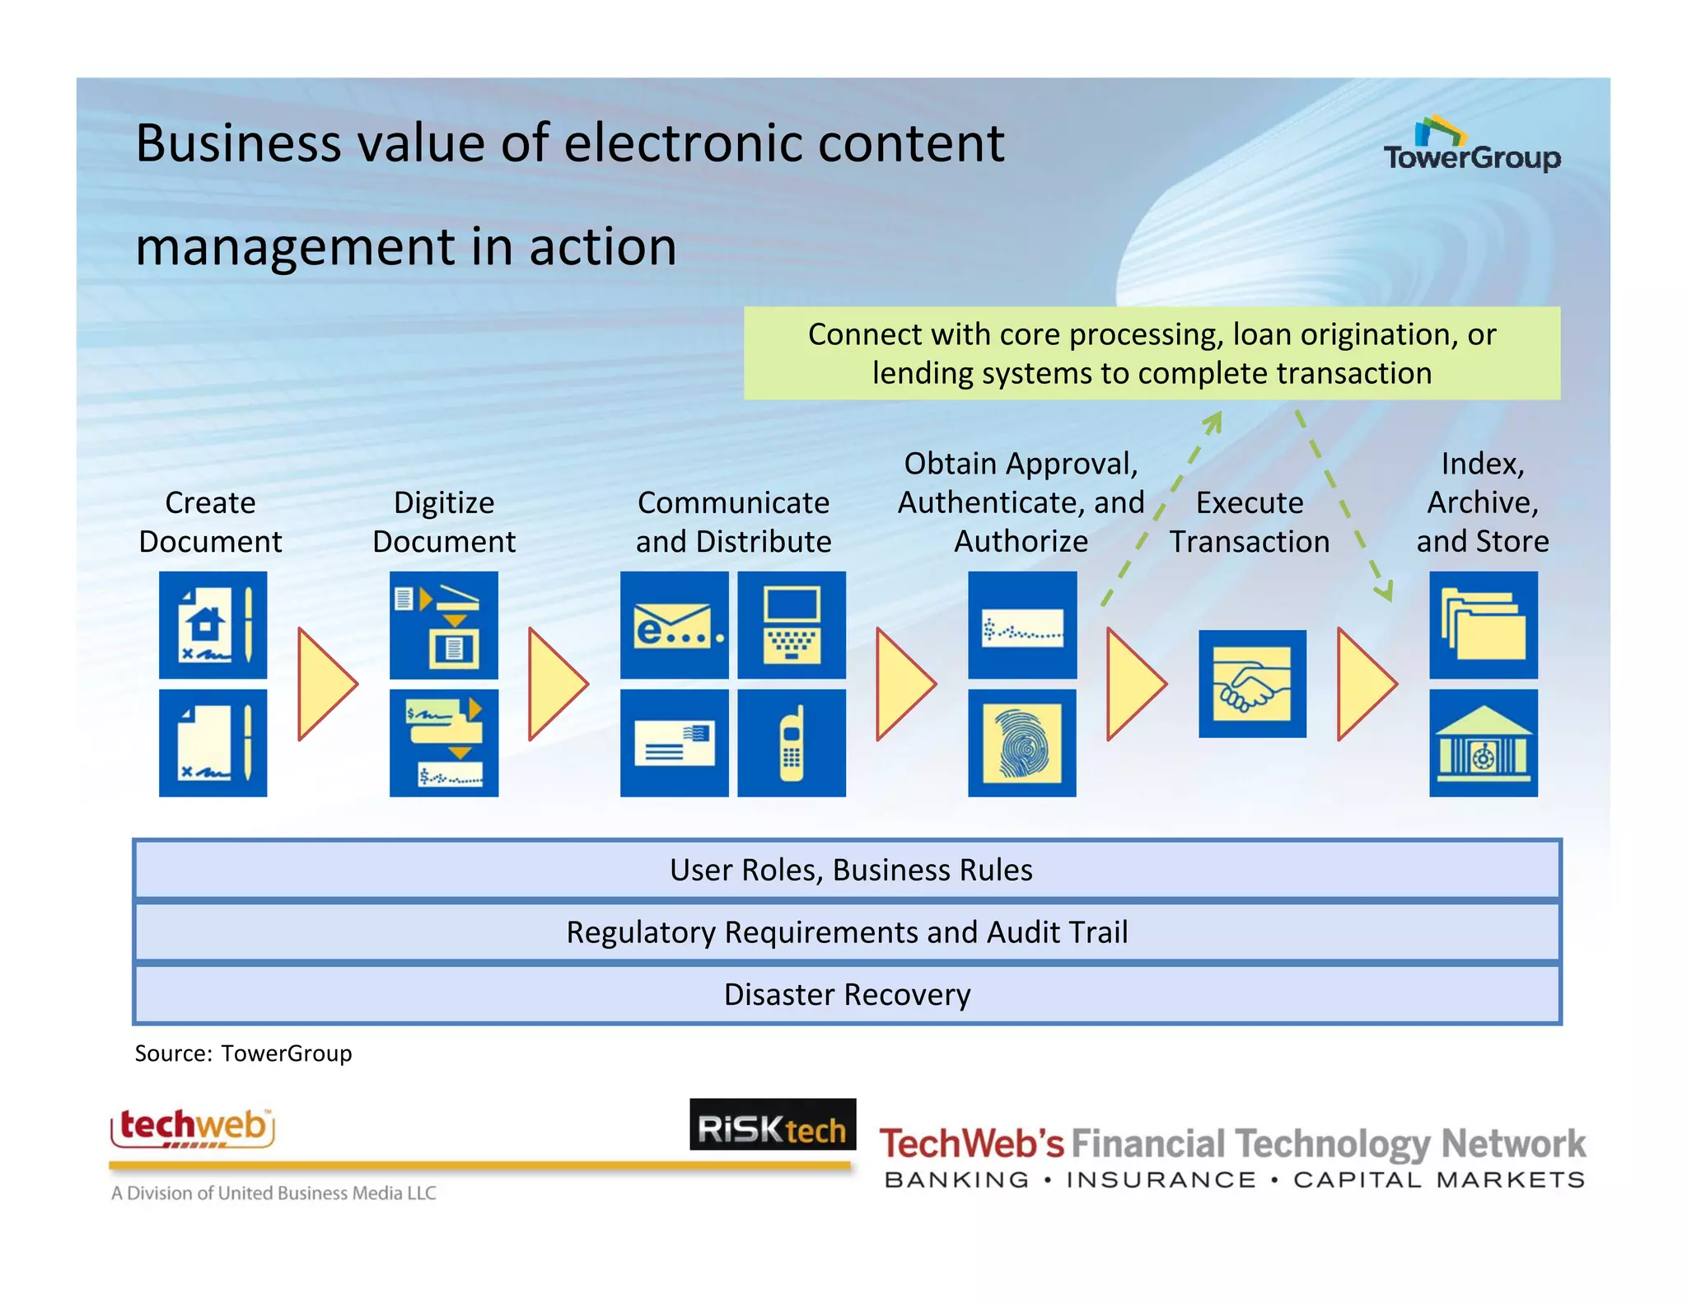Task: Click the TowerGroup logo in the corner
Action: (x=1471, y=146)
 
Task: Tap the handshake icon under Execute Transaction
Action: (x=1252, y=684)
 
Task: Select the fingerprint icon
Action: (x=1021, y=743)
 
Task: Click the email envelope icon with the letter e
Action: (x=674, y=625)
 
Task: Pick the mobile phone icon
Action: (x=791, y=743)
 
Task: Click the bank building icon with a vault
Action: (x=1483, y=743)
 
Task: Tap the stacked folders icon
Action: (x=1483, y=625)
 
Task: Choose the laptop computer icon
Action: (x=791, y=625)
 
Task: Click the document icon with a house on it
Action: (x=213, y=625)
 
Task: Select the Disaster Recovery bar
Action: (x=847, y=995)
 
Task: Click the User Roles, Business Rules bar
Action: (x=847, y=870)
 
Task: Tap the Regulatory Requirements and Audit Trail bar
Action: (x=847, y=932)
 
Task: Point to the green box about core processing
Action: (x=1152, y=353)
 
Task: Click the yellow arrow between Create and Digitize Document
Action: (x=326, y=684)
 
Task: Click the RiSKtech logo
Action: (x=773, y=1125)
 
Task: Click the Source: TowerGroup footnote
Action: (x=243, y=1053)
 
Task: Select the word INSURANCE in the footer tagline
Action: (x=1161, y=1180)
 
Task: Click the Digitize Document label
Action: (x=444, y=522)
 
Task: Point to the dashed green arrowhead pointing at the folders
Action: (x=1386, y=591)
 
